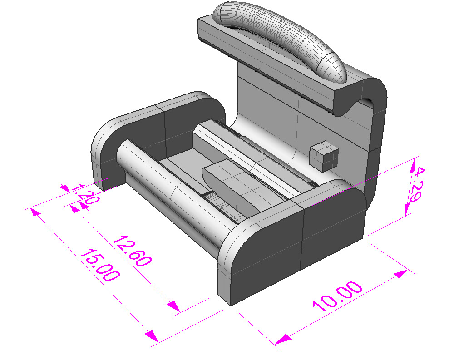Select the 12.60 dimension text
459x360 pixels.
point(132,251)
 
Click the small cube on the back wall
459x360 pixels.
point(324,156)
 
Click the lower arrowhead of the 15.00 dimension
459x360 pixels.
point(152,336)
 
